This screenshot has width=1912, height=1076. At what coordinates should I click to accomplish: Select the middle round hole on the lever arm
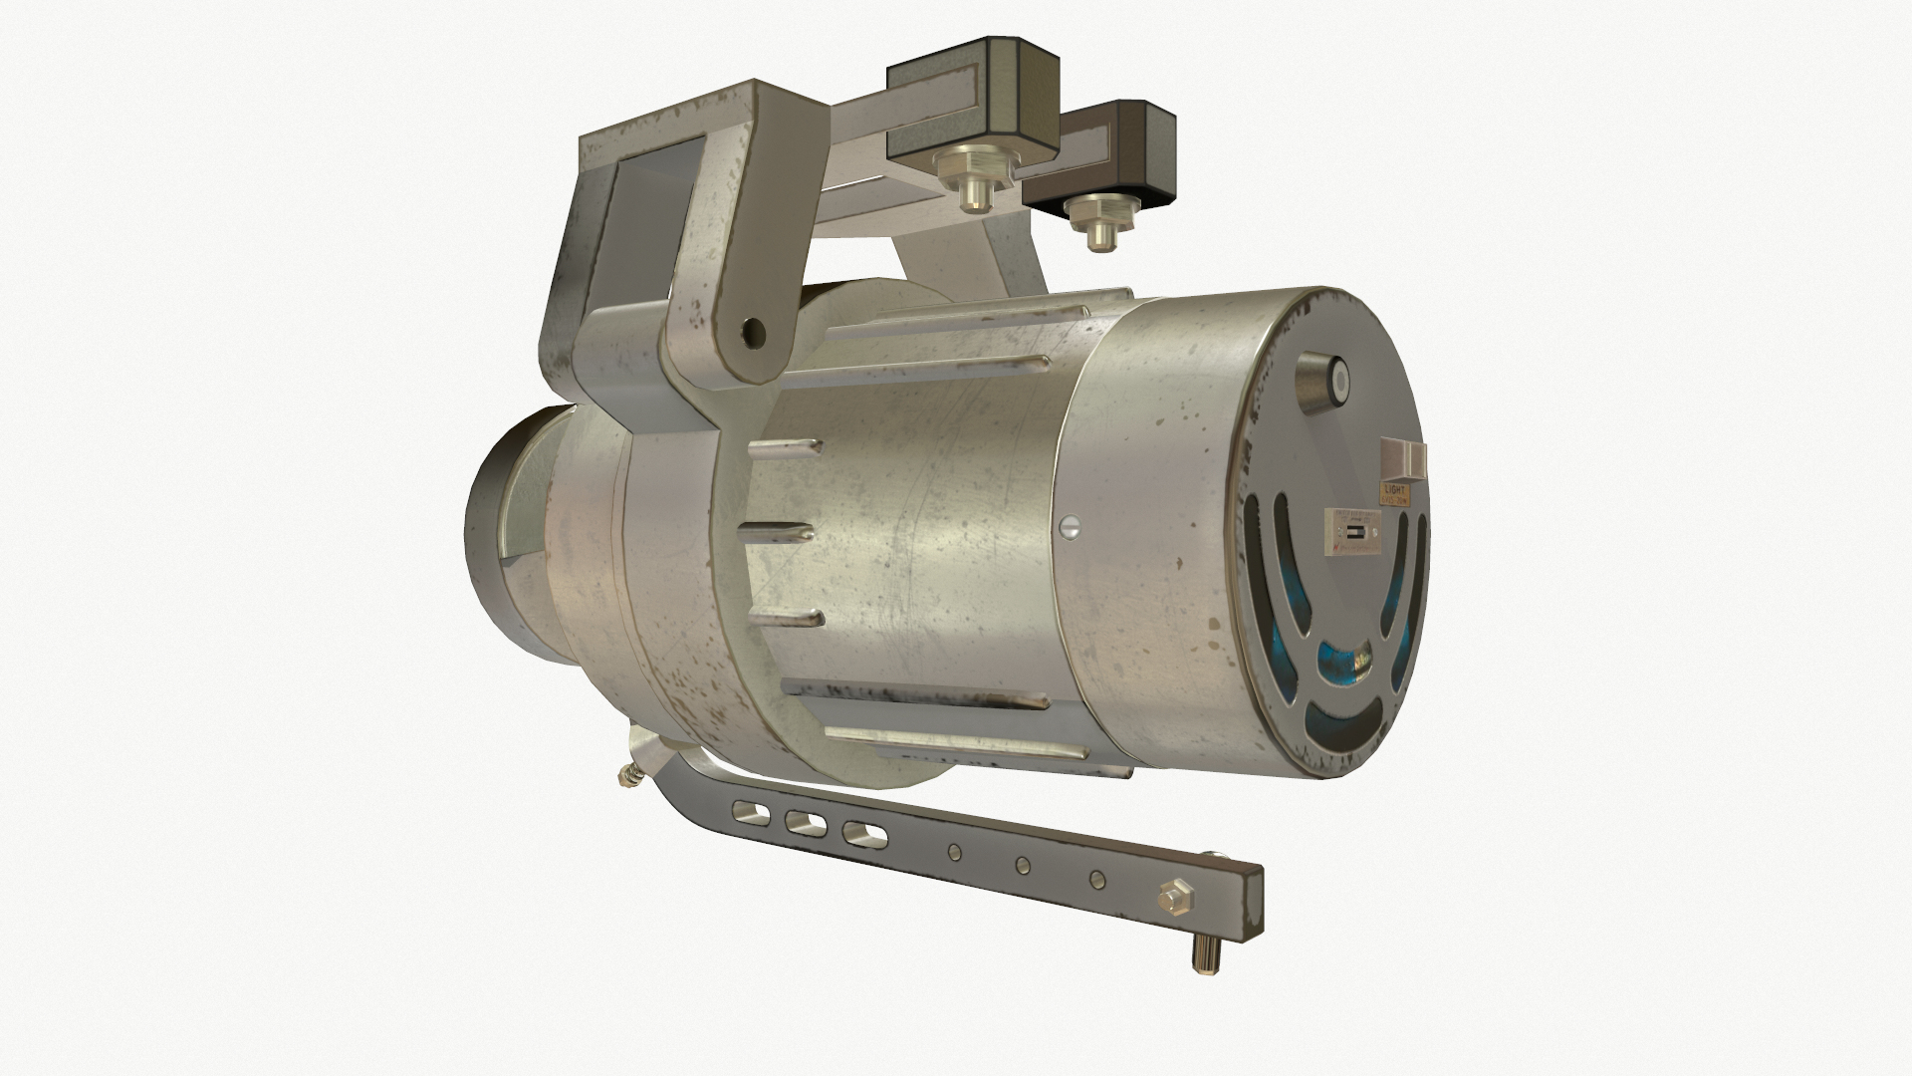[1023, 865]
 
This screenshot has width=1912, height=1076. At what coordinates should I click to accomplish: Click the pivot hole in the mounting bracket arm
[753, 330]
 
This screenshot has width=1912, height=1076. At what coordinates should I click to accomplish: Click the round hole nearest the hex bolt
[1096, 880]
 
